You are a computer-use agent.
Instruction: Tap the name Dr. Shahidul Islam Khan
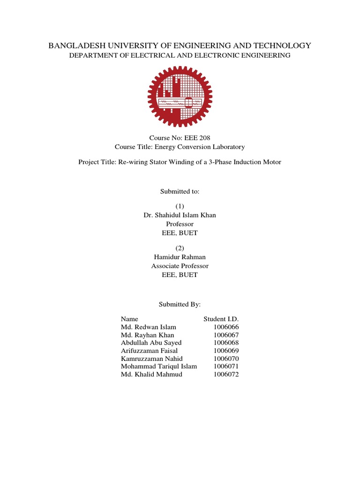pyautogui.click(x=180, y=215)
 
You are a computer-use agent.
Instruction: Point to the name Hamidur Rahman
pyautogui.click(x=180, y=257)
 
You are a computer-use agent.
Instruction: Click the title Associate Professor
pyautogui.click(x=180, y=266)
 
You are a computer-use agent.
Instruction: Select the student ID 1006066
pyautogui.click(x=226, y=327)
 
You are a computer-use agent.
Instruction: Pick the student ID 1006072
pyautogui.click(x=226, y=375)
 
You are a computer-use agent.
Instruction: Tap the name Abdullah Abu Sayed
pyautogui.click(x=151, y=343)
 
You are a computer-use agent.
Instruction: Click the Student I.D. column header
pyautogui.click(x=221, y=319)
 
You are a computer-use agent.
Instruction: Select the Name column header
pyautogui.click(x=129, y=319)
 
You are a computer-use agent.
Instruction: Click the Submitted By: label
pyautogui.click(x=180, y=304)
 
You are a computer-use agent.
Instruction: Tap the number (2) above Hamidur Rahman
pyautogui.click(x=180, y=248)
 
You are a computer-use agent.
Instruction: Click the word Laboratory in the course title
pyautogui.click(x=228, y=147)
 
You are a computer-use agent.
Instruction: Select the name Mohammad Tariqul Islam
pyautogui.click(x=159, y=367)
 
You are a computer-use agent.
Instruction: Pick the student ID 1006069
pyautogui.click(x=226, y=351)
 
